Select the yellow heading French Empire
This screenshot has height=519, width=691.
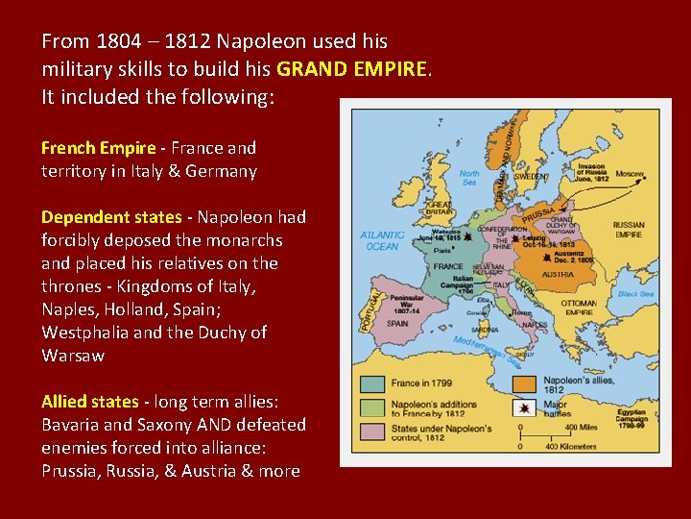pyautogui.click(x=98, y=148)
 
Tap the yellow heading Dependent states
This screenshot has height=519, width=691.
pyautogui.click(x=110, y=217)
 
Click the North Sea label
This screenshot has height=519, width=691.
pyautogui.click(x=469, y=177)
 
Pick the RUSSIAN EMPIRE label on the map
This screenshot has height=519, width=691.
pyautogui.click(x=629, y=230)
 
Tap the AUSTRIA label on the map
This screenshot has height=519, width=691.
pyautogui.click(x=558, y=274)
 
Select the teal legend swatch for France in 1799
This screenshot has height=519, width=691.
pyautogui.click(x=372, y=384)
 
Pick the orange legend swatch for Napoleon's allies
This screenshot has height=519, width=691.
pyautogui.click(x=524, y=384)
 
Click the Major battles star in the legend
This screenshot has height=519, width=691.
pyautogui.click(x=524, y=409)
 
